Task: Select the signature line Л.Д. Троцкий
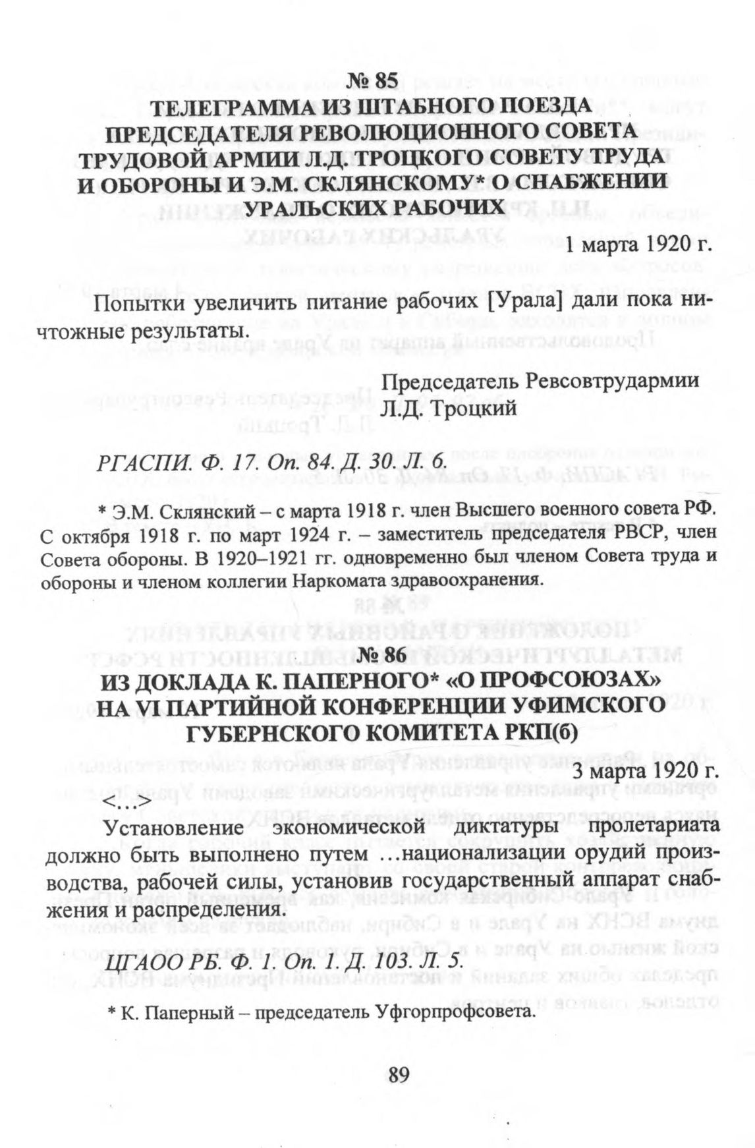pyautogui.click(x=449, y=409)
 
